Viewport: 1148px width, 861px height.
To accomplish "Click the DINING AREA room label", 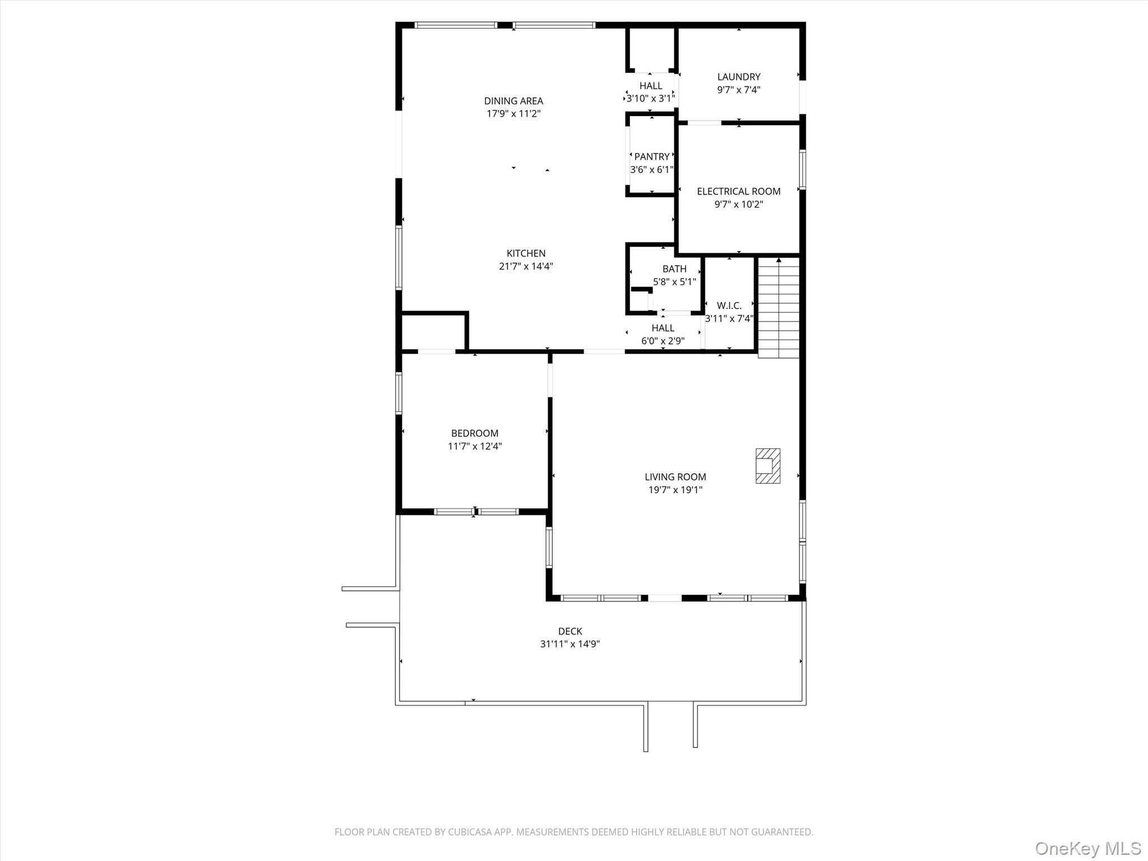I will (513, 101).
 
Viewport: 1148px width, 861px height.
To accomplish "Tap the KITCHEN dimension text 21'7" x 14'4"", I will (526, 266).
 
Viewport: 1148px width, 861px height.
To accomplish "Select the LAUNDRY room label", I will (738, 77).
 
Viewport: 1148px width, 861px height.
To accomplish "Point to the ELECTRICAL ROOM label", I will (738, 191).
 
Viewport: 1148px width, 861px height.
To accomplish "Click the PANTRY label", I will (651, 156).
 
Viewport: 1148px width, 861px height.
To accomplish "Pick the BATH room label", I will (674, 269).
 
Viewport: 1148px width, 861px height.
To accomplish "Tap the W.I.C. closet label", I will (729, 305).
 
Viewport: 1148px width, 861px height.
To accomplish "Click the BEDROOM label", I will (474, 433).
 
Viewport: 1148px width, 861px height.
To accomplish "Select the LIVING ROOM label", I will (675, 477).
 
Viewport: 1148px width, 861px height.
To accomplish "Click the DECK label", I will (570, 631).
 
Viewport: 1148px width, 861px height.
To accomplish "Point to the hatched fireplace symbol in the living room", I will (767, 466).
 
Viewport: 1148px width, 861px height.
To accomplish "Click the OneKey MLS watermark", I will (1087, 848).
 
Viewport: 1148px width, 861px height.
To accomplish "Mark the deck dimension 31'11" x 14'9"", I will (570, 644).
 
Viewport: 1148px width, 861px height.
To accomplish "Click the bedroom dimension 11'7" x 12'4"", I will (474, 446).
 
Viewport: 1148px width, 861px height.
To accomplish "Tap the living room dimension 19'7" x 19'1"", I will (675, 490).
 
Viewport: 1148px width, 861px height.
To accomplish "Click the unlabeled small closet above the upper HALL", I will (650, 49).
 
